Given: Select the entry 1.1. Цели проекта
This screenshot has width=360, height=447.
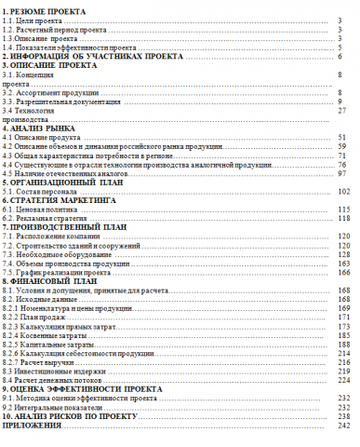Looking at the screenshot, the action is coord(32,20).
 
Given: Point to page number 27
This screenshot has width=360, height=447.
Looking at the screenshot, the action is coord(341,111).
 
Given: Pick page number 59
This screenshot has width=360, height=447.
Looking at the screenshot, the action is coord(341,146).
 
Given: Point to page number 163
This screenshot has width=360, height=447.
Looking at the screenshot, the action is coord(341,264).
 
